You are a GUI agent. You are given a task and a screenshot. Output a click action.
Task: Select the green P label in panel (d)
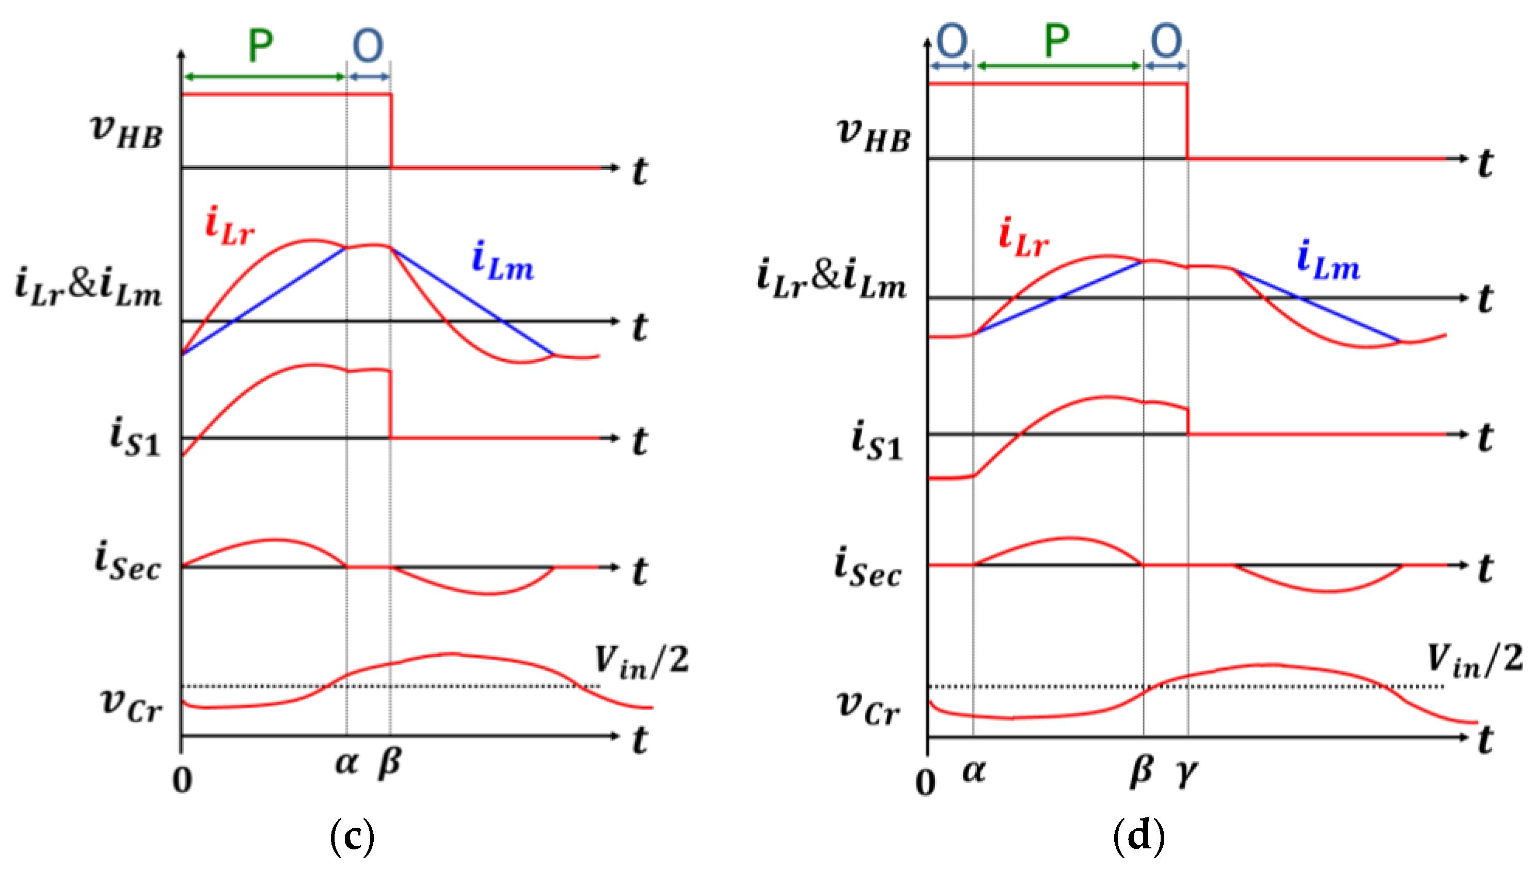click(x=1057, y=41)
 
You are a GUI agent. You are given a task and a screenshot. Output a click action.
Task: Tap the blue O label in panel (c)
click(x=368, y=45)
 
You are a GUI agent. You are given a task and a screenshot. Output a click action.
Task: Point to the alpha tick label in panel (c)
click(x=347, y=763)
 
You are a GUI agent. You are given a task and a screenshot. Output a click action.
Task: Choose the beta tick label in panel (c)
click(x=390, y=764)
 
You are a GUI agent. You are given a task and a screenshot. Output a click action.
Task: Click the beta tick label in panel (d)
click(x=1142, y=771)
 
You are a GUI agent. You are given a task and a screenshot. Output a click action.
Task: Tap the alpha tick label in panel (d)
click(x=974, y=771)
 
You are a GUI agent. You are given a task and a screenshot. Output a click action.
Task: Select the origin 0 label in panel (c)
click(x=183, y=780)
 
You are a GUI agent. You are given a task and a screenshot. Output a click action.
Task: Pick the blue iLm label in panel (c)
click(x=503, y=262)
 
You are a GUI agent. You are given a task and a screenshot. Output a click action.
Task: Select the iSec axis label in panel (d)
click(x=867, y=568)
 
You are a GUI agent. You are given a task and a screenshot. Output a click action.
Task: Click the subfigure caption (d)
click(x=1138, y=835)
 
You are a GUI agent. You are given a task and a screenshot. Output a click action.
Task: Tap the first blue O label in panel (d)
click(x=952, y=41)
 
